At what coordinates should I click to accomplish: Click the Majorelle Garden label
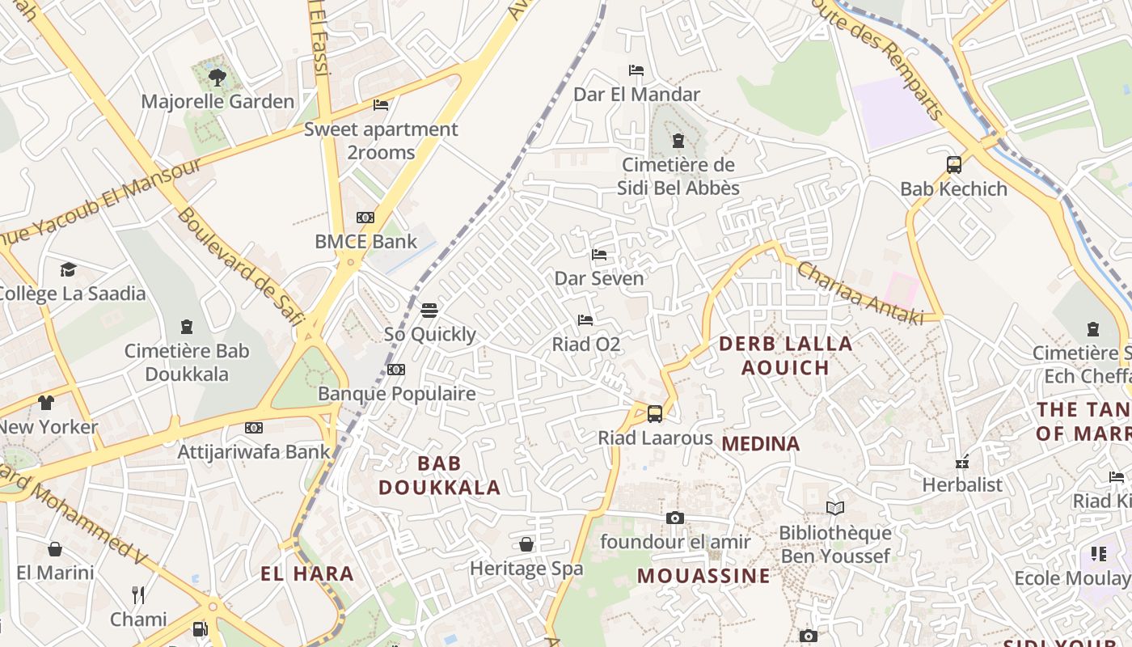coord(218,102)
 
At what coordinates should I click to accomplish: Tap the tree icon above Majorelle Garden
coord(217,78)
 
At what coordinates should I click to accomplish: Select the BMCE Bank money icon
coord(365,218)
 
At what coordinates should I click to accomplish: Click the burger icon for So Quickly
coord(429,311)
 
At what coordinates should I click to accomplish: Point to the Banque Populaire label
coord(396,394)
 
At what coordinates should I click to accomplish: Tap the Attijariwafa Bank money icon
coord(254,428)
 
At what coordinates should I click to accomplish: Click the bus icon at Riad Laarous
coord(655,414)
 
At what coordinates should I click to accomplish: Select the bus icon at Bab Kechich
coord(954,165)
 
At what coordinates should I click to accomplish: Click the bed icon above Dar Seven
coord(599,255)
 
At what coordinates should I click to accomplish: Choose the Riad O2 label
coord(585,345)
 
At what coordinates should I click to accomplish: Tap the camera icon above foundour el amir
coord(675,518)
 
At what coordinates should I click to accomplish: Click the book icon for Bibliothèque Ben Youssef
coord(835,509)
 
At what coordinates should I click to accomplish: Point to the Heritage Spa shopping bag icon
coord(526,545)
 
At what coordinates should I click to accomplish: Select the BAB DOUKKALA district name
coord(440,476)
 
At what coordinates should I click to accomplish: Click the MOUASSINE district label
coord(703,576)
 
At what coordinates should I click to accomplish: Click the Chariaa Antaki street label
coord(860,294)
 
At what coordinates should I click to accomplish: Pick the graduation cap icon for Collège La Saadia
coord(68,269)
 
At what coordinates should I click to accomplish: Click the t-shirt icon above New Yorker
coord(46,403)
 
